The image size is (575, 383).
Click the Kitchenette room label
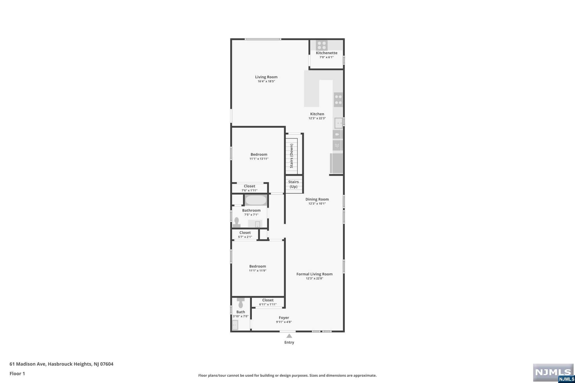tap(327, 53)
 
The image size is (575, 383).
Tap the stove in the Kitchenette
tap(321, 45)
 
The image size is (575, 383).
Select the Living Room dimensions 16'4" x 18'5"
tap(266, 81)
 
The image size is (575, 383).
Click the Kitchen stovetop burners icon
tap(338, 100)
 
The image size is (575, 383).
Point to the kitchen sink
tap(339, 123)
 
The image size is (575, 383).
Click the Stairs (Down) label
tap(291, 156)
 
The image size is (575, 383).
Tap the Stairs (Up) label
tap(293, 184)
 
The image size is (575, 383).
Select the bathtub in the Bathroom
tap(256, 200)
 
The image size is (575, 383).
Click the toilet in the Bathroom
tap(236, 222)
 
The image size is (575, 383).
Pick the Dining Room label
tap(317, 199)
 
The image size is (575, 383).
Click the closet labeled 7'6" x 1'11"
tap(250, 188)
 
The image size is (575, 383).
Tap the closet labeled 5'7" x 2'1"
tap(245, 235)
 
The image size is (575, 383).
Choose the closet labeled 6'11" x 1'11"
tap(268, 302)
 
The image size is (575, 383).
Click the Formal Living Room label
tap(314, 274)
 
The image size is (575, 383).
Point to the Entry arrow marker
tap(289, 336)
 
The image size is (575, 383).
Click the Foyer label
tap(284, 318)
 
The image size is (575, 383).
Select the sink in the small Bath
tap(235, 325)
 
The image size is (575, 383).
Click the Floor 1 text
tap(17, 373)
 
